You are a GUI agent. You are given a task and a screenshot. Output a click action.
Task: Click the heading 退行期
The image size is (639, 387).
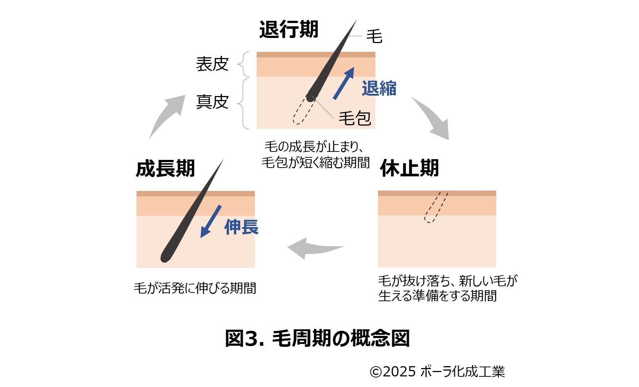(288, 29)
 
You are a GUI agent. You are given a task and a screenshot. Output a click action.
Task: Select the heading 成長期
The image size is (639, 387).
(165, 168)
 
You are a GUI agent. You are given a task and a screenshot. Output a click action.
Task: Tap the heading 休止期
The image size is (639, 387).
(409, 168)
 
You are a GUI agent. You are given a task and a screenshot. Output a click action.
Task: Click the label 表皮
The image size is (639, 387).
(212, 64)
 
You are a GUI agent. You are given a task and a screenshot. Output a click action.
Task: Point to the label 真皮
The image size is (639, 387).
(212, 101)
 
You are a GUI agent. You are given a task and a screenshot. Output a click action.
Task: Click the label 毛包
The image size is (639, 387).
(355, 118)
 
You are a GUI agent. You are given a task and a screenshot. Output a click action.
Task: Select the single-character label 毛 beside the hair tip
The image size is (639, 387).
(374, 37)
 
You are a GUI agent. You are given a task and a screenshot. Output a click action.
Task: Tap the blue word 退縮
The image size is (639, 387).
(379, 88)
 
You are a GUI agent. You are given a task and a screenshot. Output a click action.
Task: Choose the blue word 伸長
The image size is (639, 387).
(241, 227)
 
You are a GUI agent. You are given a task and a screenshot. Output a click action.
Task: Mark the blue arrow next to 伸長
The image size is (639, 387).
(211, 221)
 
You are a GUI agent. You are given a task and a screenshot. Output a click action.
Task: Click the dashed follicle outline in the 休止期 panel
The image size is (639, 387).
(436, 207)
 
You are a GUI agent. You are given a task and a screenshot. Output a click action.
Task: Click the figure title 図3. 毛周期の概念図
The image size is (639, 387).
(317, 338)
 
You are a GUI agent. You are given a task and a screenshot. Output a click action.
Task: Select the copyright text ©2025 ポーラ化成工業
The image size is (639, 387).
(437, 372)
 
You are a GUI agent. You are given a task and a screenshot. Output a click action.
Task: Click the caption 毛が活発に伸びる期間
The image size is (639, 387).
(195, 288)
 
